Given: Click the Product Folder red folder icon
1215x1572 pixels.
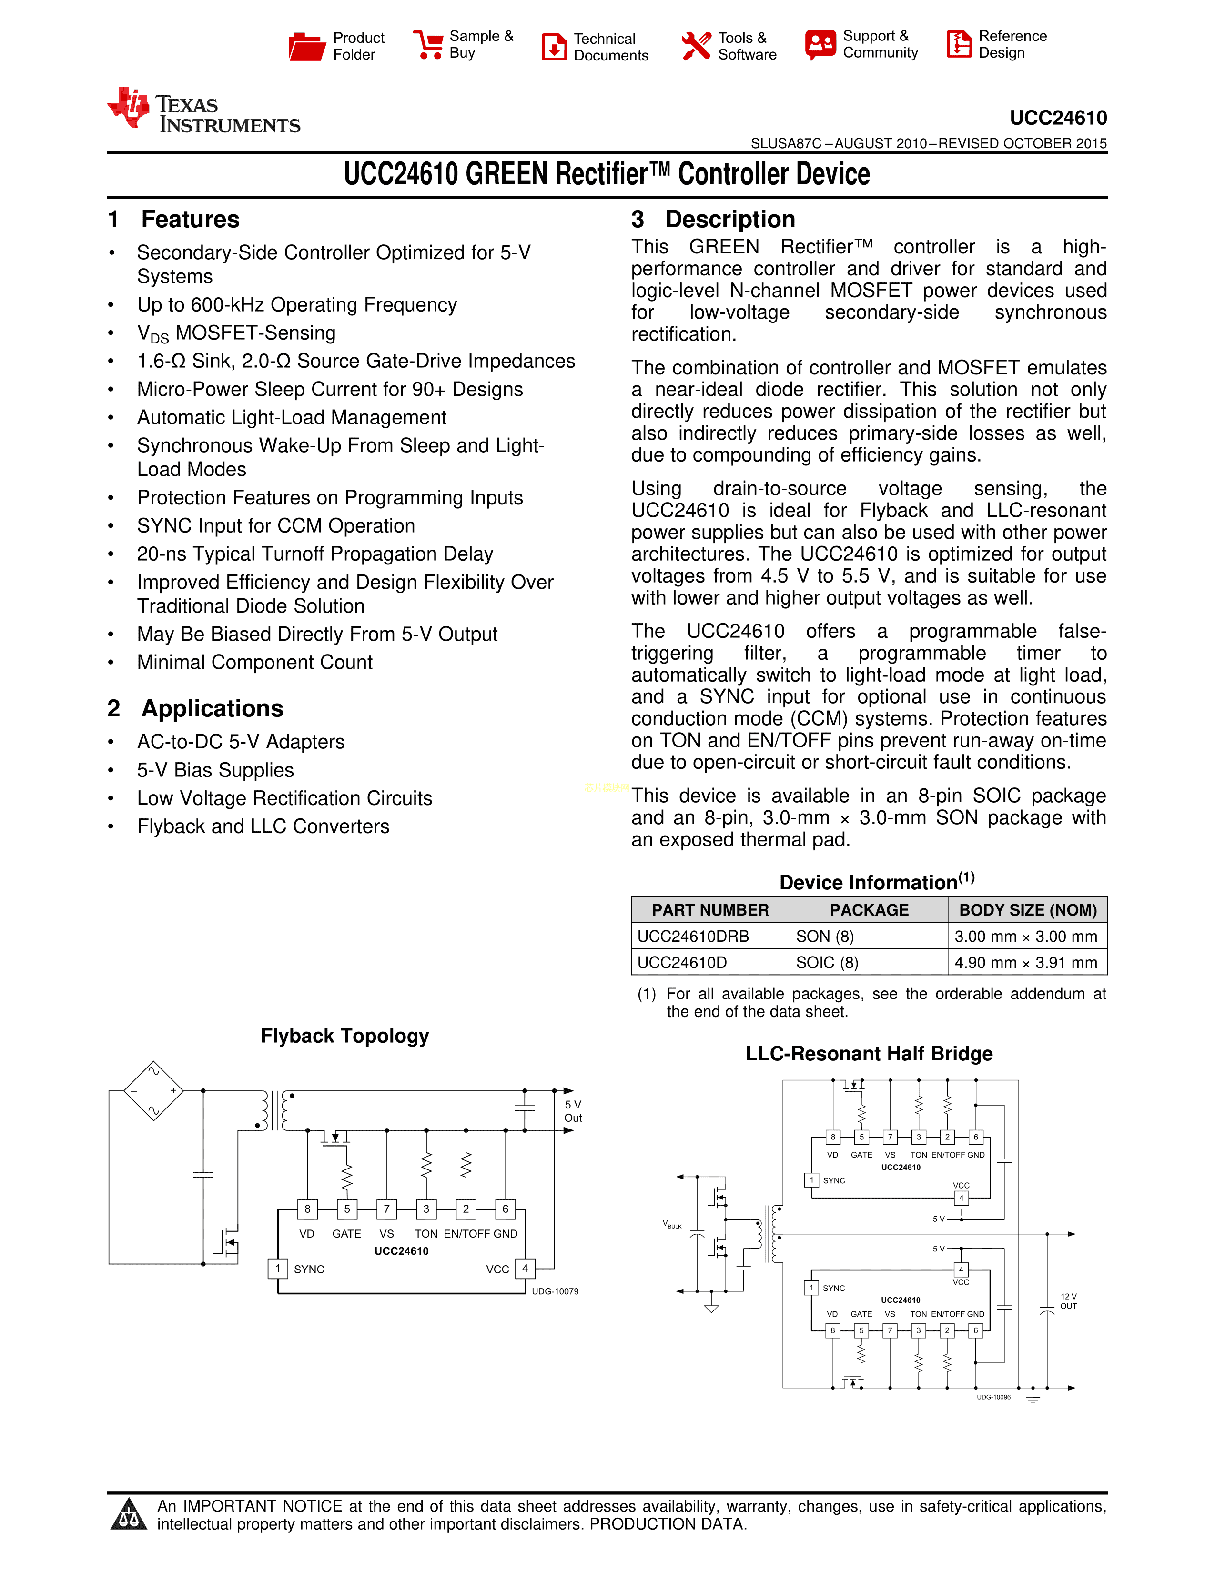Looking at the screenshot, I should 307,46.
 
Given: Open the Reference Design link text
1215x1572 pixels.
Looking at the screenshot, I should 1012,45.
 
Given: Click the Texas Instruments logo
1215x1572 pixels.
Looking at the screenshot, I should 204,111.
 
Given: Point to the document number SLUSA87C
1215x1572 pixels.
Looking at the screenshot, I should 785,143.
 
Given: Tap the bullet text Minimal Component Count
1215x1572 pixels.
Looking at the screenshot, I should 255,662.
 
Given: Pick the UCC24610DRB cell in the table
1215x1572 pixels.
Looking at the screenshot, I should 693,937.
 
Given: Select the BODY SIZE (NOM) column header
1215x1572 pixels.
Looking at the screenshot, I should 1027,910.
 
